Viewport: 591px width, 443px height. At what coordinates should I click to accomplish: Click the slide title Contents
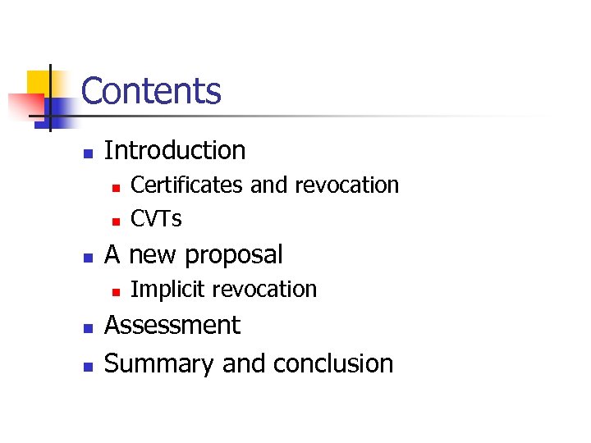coord(151,91)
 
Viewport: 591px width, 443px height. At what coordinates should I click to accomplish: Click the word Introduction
coord(175,150)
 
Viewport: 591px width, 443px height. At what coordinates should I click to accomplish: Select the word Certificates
coord(187,185)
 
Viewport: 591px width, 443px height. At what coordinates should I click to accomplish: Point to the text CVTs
coord(156,219)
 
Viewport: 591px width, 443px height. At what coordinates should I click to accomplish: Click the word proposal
coord(234,254)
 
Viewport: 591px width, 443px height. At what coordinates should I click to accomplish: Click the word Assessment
coord(172,326)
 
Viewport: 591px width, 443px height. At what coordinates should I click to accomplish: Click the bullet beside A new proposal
coord(88,257)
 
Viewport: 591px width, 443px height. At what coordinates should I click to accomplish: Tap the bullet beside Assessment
coord(88,327)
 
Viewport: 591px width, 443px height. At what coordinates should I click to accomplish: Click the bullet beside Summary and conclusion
coord(88,365)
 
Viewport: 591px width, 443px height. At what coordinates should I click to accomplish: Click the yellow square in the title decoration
coord(41,84)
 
